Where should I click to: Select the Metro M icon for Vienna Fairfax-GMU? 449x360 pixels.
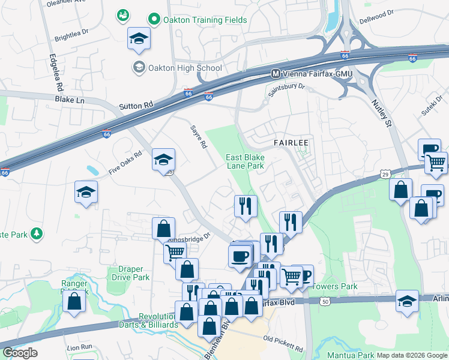click(276, 74)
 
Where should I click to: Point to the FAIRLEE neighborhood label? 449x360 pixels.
click(291, 143)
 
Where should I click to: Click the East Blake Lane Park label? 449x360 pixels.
click(245, 161)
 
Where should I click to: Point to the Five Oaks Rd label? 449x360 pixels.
click(125, 163)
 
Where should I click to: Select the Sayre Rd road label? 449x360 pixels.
click(198, 136)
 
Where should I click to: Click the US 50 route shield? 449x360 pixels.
click(325, 301)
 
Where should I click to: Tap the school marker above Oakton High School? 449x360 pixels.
click(139, 40)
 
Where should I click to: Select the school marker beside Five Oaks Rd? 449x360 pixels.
click(86, 192)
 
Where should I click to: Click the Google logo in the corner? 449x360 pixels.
click(20, 353)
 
